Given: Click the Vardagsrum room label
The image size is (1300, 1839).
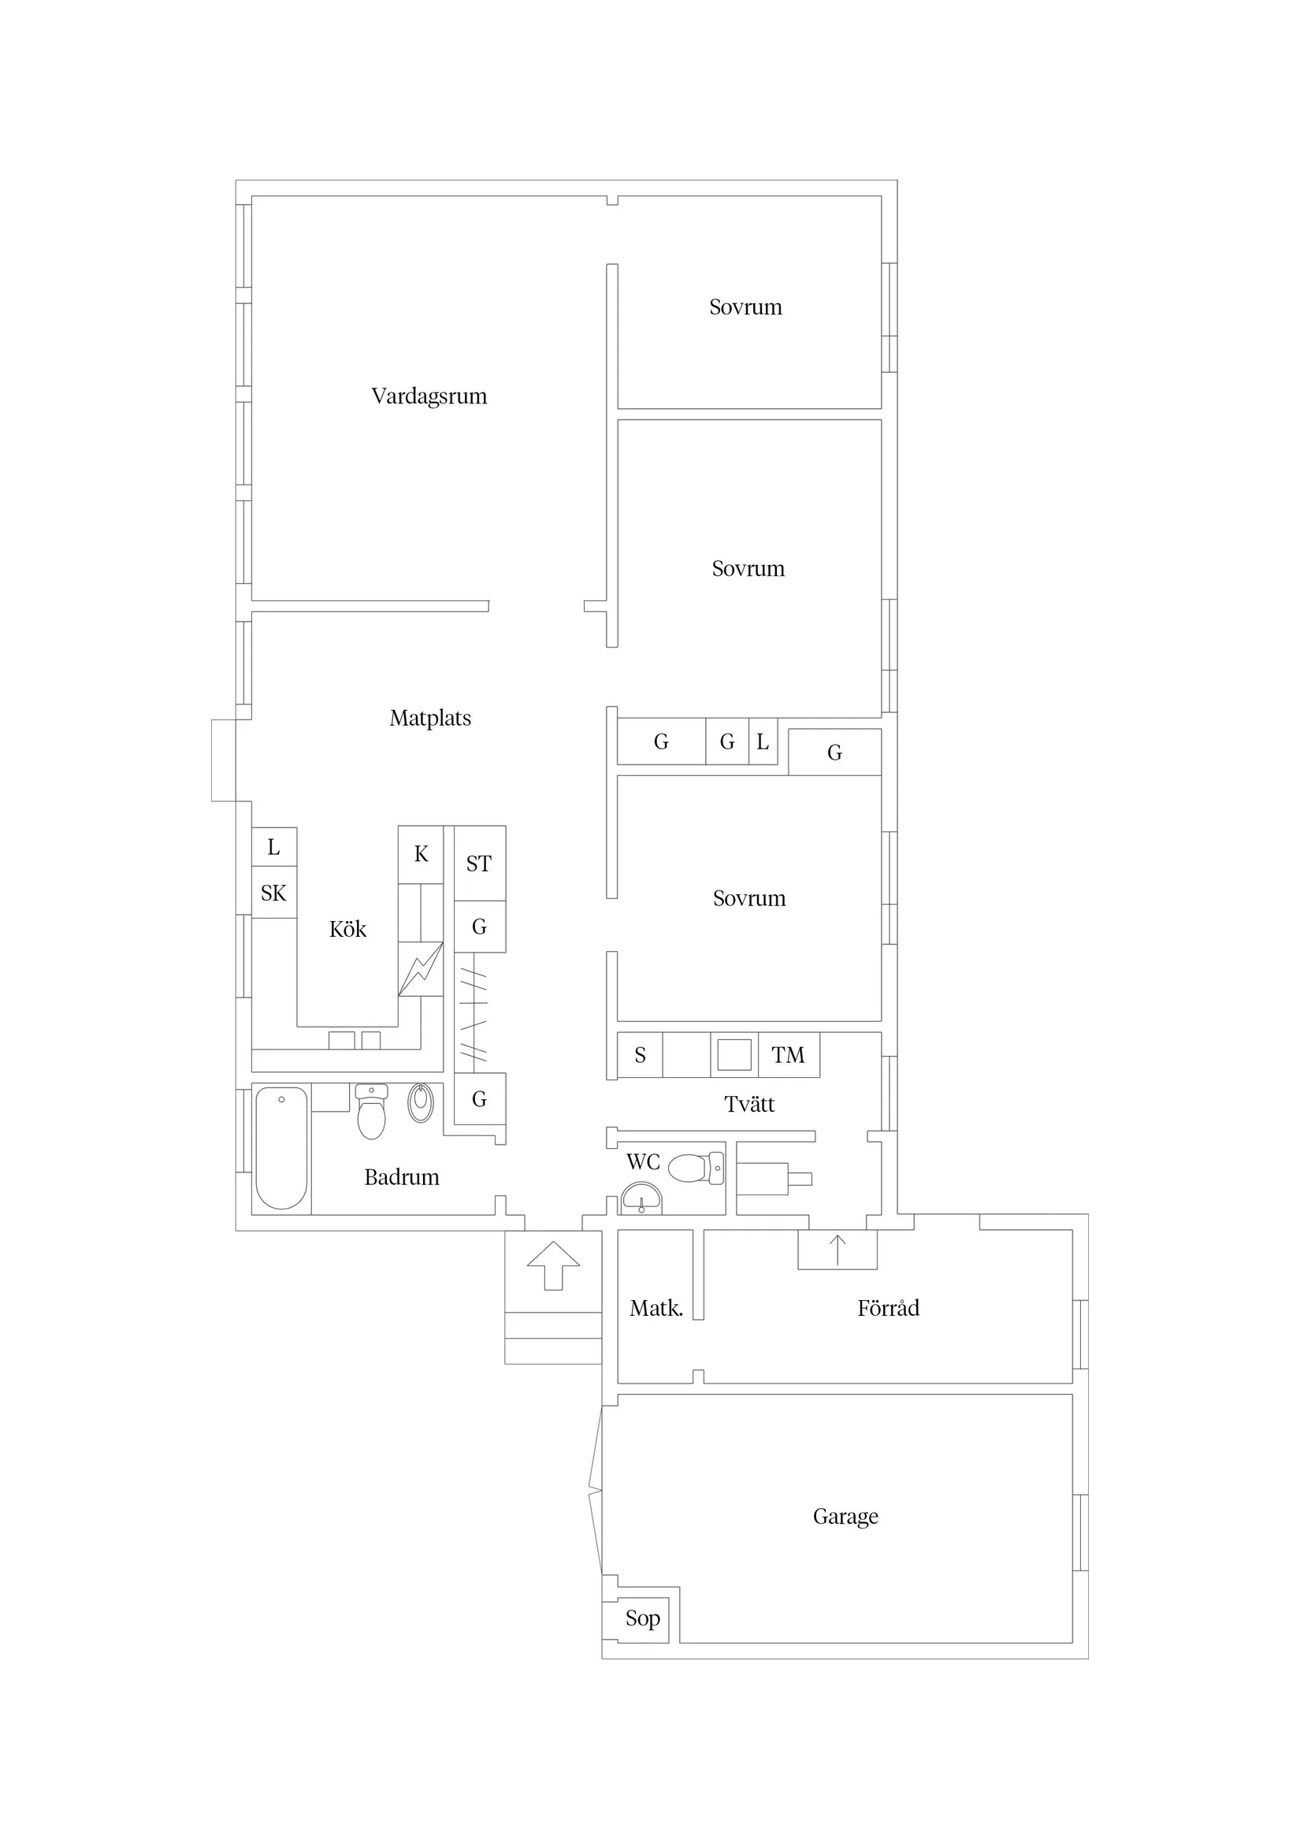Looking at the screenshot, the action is tap(429, 396).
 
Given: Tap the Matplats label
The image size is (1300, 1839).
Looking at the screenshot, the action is tap(430, 718).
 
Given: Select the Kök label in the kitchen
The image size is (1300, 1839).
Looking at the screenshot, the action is tap(347, 929).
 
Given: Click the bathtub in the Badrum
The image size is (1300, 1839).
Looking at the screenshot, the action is tap(281, 1148).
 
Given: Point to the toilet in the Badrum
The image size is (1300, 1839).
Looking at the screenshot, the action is tap(371, 1111).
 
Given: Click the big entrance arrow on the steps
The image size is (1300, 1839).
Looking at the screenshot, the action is tap(553, 1265).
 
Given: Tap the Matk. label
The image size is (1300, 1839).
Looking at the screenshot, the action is tap(656, 1308).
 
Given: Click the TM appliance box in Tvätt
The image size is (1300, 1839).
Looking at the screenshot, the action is tap(788, 1055).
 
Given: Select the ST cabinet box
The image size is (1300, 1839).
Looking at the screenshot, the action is tap(480, 863).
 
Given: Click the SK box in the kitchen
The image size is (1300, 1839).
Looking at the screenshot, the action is tap(274, 892).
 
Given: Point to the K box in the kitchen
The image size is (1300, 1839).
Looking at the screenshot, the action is tap(421, 855).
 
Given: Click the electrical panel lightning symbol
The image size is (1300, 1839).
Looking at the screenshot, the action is tap(421, 969).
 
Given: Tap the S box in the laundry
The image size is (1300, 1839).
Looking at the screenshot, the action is tap(640, 1055).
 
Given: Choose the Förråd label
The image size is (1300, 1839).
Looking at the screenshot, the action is tap(888, 1308).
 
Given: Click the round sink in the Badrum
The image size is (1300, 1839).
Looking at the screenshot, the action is tap(421, 1103).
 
